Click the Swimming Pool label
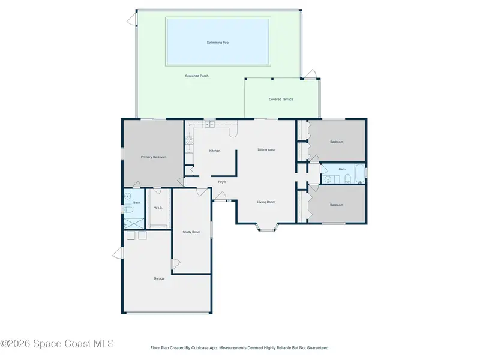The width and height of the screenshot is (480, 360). tap(218, 43)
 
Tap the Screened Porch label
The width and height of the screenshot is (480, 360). tap(197, 76)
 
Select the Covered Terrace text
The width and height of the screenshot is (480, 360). tap(281, 99)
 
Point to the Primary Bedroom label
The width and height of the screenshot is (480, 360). tap(154, 157)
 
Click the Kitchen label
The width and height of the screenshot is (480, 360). tap(215, 151)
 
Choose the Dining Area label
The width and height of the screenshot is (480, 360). tap(266, 149)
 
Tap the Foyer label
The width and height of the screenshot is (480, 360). tap(222, 182)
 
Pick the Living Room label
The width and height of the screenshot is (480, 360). tap(266, 202)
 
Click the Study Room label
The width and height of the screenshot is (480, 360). tap(191, 232)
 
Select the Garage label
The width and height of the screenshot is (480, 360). tap(159, 278)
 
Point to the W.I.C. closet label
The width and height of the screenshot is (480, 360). tap(158, 208)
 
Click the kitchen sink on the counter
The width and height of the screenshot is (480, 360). tap(209, 124)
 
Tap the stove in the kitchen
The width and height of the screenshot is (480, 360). tap(189, 140)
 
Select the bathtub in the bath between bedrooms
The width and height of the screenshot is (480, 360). tap(359, 174)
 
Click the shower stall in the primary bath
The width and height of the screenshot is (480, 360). tap(133, 223)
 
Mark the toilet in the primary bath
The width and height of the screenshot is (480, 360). tap(128, 209)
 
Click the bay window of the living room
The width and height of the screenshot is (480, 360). tap(267, 228)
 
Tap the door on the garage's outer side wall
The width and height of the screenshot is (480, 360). tap(118, 253)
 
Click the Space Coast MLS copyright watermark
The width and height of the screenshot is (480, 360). tap(57, 344)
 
